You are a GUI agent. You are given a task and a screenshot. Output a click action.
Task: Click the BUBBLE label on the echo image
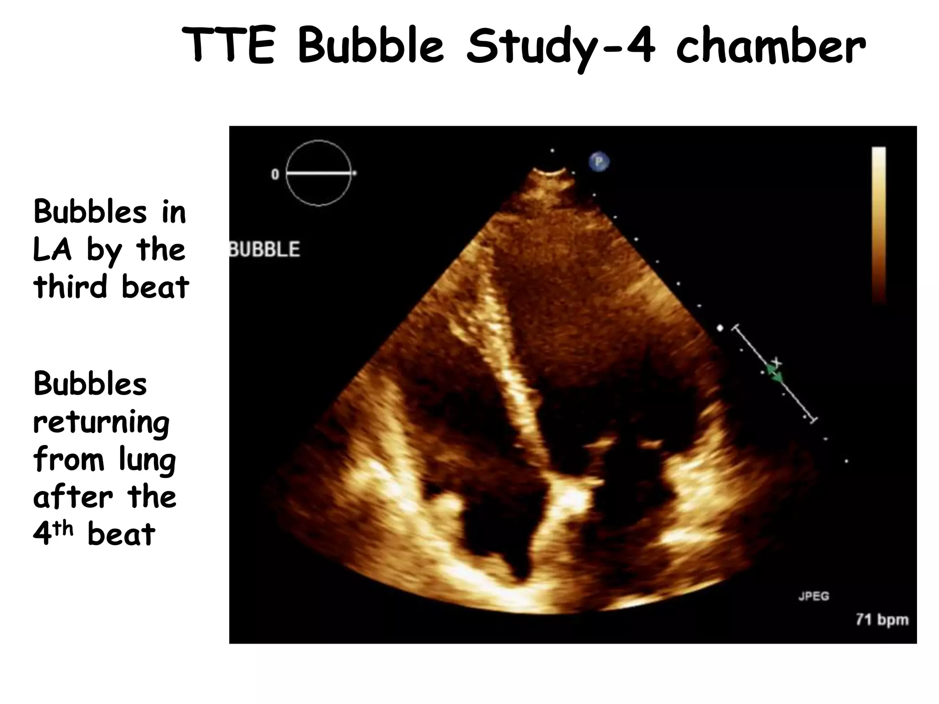pyautogui.click(x=265, y=249)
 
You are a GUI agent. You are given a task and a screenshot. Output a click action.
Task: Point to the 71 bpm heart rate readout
pyautogui.click(x=882, y=620)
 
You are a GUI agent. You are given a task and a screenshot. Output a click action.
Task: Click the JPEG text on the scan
pyautogui.click(x=813, y=596)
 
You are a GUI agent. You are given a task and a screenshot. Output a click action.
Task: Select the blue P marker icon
pyautogui.click(x=599, y=162)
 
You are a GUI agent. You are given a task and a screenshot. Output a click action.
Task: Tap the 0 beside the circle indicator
pyautogui.click(x=275, y=174)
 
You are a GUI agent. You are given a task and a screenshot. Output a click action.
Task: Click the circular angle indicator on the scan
pyautogui.click(x=319, y=173)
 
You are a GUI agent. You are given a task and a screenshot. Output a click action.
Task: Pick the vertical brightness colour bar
pyautogui.click(x=878, y=225)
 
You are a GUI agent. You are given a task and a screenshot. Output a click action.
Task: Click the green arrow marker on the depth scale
pyautogui.click(x=776, y=375)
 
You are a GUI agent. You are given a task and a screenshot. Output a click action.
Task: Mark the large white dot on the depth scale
pyautogui.click(x=720, y=328)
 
